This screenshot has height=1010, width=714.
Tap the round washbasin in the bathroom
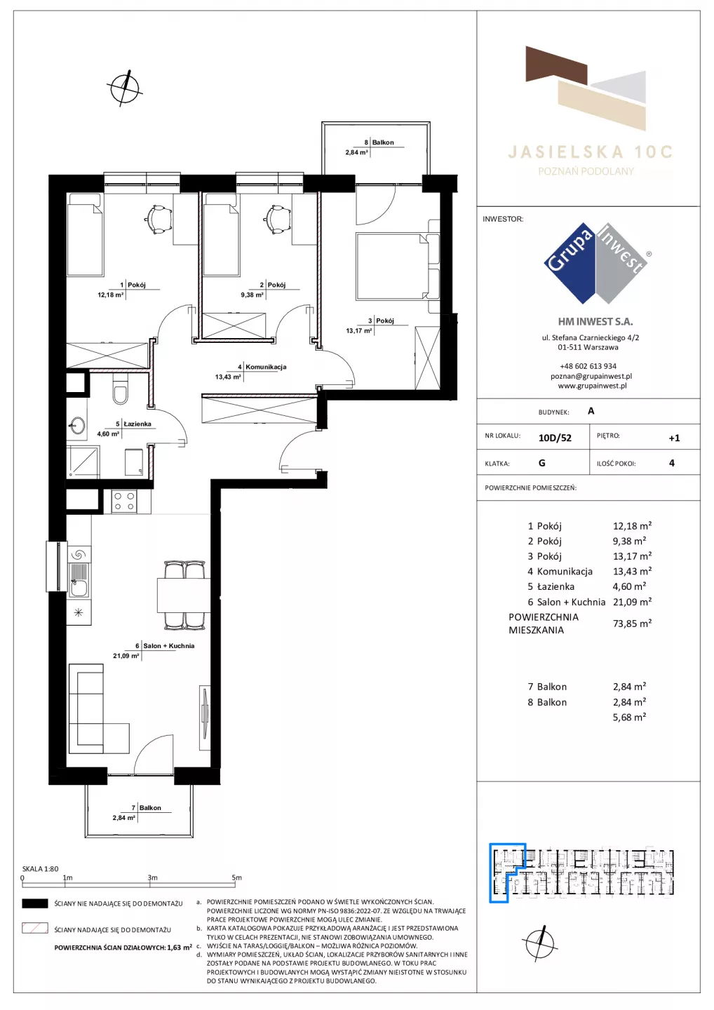tap(78, 425)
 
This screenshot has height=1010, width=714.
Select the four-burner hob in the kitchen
tap(124, 501)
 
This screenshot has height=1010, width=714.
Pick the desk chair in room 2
tap(276, 219)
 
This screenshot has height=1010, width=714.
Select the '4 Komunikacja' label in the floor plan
tap(262, 367)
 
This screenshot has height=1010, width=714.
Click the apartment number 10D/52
tap(555, 438)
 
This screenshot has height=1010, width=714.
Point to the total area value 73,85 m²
tap(632, 624)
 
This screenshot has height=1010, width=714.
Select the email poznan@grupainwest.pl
tap(591, 376)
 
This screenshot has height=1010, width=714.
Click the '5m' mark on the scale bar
tap(236, 877)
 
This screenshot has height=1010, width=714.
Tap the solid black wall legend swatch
tap(34, 903)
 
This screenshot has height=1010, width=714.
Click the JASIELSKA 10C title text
tap(590, 152)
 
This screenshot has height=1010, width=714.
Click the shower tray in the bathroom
tap(83, 462)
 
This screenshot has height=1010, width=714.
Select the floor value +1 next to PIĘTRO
tap(674, 438)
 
